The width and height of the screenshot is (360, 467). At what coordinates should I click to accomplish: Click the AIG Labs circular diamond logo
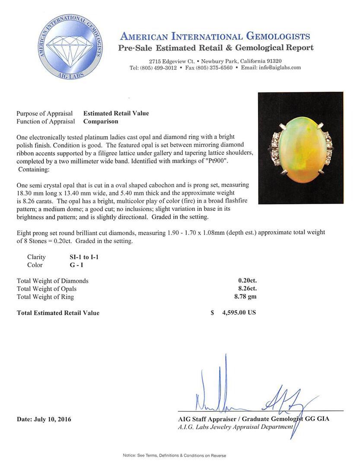[x=70, y=46]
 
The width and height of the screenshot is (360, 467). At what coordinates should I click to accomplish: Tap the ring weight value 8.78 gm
[x=245, y=296]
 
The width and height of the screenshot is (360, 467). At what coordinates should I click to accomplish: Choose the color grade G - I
[x=70, y=265]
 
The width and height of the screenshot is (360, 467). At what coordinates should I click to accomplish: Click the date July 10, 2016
[x=44, y=419]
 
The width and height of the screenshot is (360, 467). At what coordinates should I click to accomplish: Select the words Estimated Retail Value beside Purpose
[x=116, y=113]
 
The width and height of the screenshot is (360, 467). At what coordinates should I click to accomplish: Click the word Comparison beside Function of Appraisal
[x=101, y=122]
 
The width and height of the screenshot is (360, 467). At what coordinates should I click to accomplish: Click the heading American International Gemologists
[x=215, y=36]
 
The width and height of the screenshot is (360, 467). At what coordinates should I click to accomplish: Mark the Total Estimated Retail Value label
[x=58, y=313]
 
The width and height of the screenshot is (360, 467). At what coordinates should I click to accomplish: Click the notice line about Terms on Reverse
[x=174, y=455]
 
